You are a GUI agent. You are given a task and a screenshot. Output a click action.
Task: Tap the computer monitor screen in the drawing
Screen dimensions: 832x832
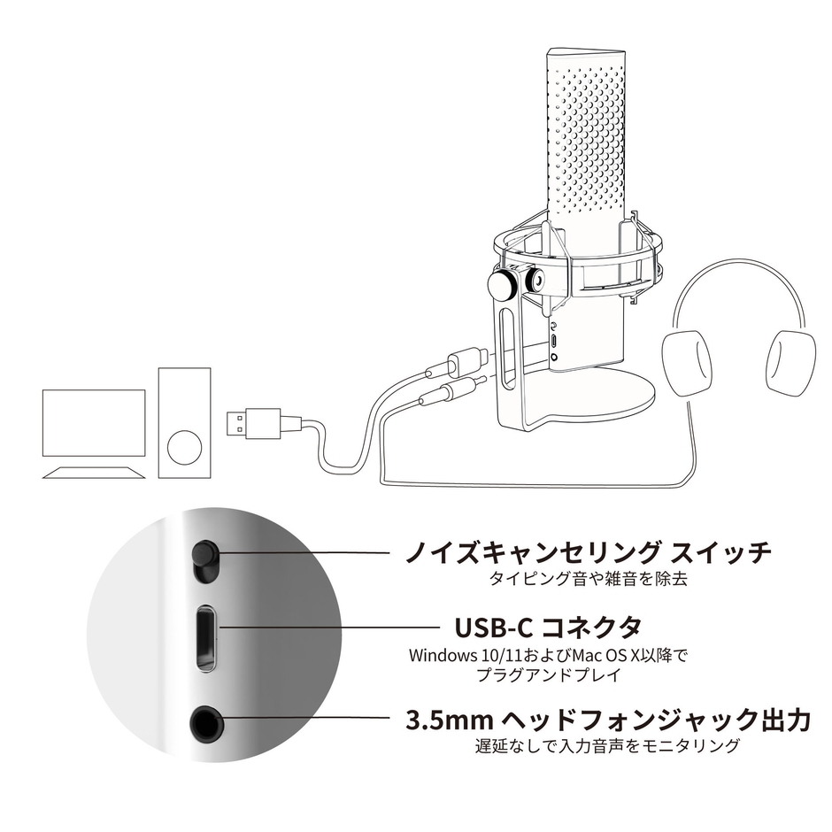[x=94, y=422]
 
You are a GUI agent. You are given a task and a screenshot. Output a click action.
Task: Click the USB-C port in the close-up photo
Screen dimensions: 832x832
[x=204, y=636]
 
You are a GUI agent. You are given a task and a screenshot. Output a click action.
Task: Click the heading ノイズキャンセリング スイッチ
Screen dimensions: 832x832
[x=588, y=553]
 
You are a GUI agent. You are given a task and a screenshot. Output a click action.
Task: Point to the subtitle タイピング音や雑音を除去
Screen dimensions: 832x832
[x=588, y=581]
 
